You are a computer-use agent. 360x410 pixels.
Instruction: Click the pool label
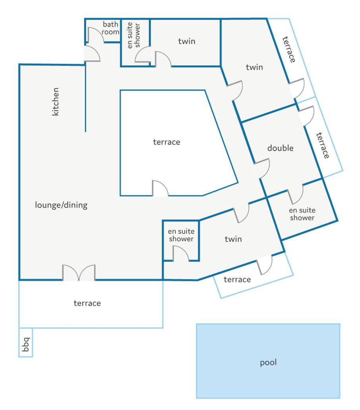268,362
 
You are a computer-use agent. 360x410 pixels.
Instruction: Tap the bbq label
26,344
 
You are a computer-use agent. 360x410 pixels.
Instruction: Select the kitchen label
56,102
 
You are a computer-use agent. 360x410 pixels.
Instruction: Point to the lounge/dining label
61,205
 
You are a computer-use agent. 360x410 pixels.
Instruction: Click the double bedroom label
280,148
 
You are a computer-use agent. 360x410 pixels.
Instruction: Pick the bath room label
110,28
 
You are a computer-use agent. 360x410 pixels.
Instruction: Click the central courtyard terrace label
167,142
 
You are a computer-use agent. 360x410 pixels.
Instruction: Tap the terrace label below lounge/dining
87,303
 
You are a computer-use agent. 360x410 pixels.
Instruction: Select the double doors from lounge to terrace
79,273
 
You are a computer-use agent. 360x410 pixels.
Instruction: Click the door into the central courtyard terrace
160,188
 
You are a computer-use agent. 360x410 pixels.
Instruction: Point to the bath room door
96,35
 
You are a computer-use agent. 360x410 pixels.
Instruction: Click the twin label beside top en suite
187,41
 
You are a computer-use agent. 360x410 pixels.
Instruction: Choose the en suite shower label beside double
302,214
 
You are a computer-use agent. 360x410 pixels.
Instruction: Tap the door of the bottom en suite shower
181,253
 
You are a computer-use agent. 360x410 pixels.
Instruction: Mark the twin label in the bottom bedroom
233,239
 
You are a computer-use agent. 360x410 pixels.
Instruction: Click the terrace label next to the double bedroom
323,146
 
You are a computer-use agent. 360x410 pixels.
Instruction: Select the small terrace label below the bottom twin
237,280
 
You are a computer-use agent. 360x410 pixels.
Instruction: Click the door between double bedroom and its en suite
296,194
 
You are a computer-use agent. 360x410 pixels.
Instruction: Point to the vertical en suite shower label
133,35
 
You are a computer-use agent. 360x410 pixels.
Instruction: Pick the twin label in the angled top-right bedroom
254,67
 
